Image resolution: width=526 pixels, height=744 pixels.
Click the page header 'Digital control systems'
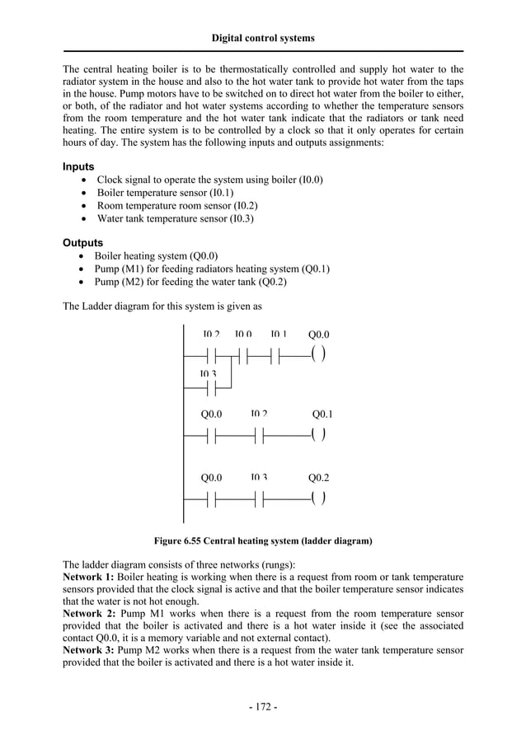(x=263, y=38)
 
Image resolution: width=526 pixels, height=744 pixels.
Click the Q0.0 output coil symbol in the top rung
(x=318, y=355)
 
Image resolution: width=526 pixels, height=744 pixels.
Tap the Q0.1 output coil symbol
(x=318, y=434)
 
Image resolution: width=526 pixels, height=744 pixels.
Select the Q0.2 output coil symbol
(x=318, y=498)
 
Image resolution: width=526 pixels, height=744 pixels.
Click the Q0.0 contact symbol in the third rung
(x=211, y=498)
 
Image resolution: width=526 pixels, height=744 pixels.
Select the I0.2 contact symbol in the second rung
(x=260, y=434)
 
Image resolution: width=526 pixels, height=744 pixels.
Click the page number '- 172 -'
(x=263, y=707)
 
